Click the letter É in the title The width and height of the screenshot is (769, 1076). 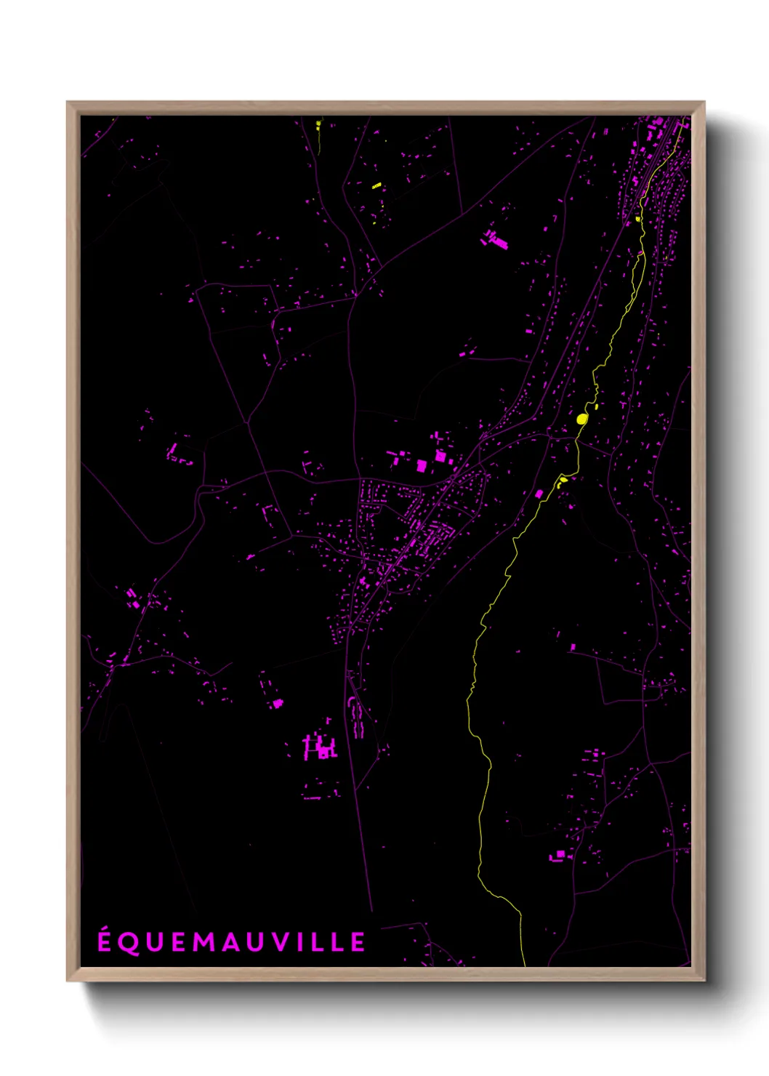point(105,941)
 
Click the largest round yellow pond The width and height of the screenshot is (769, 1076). point(581,419)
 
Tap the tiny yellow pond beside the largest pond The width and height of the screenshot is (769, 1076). point(596,406)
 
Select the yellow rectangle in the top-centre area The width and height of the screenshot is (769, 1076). point(377,186)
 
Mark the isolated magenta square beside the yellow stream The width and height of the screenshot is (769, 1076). point(539,494)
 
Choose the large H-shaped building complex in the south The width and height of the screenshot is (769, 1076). point(320,747)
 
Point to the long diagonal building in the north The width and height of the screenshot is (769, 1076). point(496,239)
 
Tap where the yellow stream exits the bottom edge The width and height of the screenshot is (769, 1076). point(524,965)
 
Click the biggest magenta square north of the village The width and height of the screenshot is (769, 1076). point(440,456)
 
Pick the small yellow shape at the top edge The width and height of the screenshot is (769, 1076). point(318,124)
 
